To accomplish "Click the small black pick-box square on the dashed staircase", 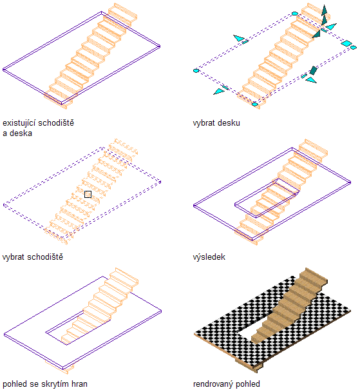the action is [88, 194].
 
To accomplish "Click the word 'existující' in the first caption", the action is [19, 123].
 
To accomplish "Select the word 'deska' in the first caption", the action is [21, 133].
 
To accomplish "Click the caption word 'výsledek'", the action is [209, 257].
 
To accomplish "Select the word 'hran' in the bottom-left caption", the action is [79, 384].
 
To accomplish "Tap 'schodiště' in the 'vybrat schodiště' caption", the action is [45, 257].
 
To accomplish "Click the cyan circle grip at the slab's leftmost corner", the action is [196, 71].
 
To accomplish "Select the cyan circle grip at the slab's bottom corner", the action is [255, 104].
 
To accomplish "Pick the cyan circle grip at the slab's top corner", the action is [295, 14].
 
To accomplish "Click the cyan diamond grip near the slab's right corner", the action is [346, 43].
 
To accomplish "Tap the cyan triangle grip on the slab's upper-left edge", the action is [239, 38].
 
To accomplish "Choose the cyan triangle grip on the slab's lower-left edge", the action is [218, 92].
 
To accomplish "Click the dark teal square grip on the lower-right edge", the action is [313, 70].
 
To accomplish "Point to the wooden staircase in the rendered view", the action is [289, 306].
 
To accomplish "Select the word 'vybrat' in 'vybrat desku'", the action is [204, 123].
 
